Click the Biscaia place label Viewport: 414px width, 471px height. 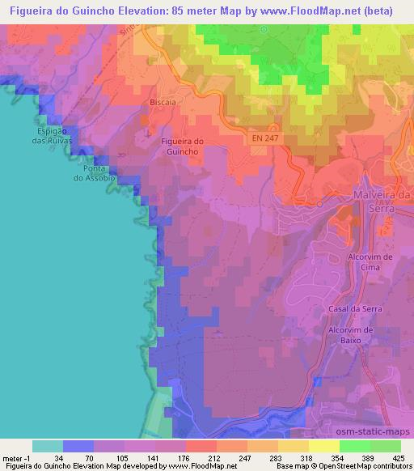coord(163,103)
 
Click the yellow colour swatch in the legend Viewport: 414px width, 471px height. coord(323,445)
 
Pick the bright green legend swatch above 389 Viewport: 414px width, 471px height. coord(354,445)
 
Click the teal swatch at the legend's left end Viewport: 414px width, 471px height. coord(47,445)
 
